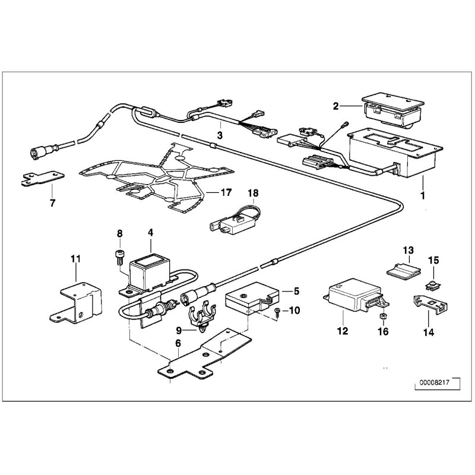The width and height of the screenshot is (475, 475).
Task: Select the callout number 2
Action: click(x=335, y=106)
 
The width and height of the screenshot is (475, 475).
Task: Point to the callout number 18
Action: click(x=253, y=192)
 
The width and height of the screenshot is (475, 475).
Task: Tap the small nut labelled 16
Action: click(x=385, y=315)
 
